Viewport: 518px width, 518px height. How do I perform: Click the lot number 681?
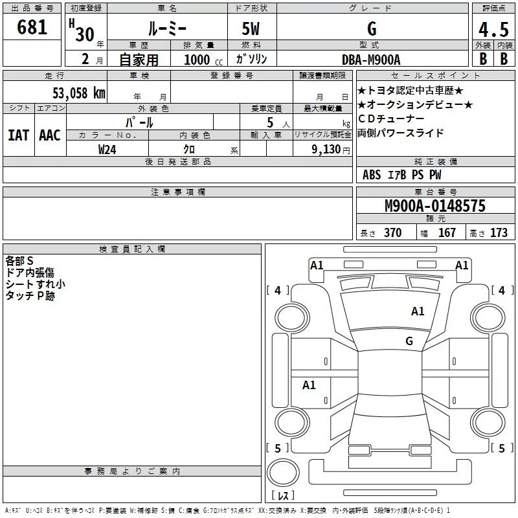pos(32,27)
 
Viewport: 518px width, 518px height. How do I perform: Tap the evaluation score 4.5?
pos(493,29)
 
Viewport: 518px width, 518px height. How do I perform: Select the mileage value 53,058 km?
pos(79,93)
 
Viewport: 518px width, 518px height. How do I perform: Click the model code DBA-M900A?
pos(371,60)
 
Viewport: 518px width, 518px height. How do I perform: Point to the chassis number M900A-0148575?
pos(435,205)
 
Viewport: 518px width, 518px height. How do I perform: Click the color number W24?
pos(107,150)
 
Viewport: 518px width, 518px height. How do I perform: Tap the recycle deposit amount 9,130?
pos(326,150)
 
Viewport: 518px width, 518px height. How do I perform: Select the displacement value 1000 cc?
pos(203,60)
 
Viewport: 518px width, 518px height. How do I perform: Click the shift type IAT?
pos(19,135)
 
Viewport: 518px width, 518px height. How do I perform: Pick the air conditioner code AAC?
pos(50,135)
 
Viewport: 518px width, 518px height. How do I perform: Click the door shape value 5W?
pos(251,28)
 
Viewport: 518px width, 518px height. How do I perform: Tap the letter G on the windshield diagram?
pos(409,341)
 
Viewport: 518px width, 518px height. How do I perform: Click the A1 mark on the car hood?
pos(418,311)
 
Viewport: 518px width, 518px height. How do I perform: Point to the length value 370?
pos(393,232)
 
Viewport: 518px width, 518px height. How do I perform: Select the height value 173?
pos(499,232)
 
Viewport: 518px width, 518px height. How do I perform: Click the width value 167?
pos(447,232)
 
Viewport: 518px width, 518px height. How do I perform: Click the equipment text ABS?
pos(372,175)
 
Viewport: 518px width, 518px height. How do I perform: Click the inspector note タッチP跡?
pos(30,296)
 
